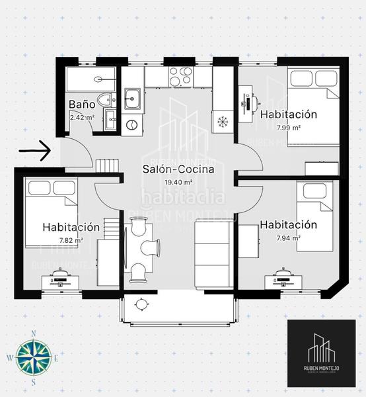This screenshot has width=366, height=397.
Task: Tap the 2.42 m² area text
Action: click(x=82, y=118)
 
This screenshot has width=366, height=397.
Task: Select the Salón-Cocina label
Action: click(x=178, y=169)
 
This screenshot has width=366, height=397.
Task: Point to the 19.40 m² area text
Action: click(x=178, y=182)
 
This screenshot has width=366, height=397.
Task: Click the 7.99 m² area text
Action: click(x=289, y=126)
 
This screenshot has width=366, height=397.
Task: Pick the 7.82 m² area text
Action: click(x=71, y=240)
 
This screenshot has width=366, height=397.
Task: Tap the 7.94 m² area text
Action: click(x=288, y=238)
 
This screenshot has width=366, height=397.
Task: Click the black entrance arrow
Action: click(x=34, y=152)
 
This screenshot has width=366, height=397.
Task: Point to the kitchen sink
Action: click(x=131, y=98)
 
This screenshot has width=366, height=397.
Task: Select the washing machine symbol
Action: click(x=131, y=123)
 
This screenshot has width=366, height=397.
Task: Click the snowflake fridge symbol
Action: click(x=222, y=122)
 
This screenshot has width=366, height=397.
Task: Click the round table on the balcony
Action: click(x=141, y=304)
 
